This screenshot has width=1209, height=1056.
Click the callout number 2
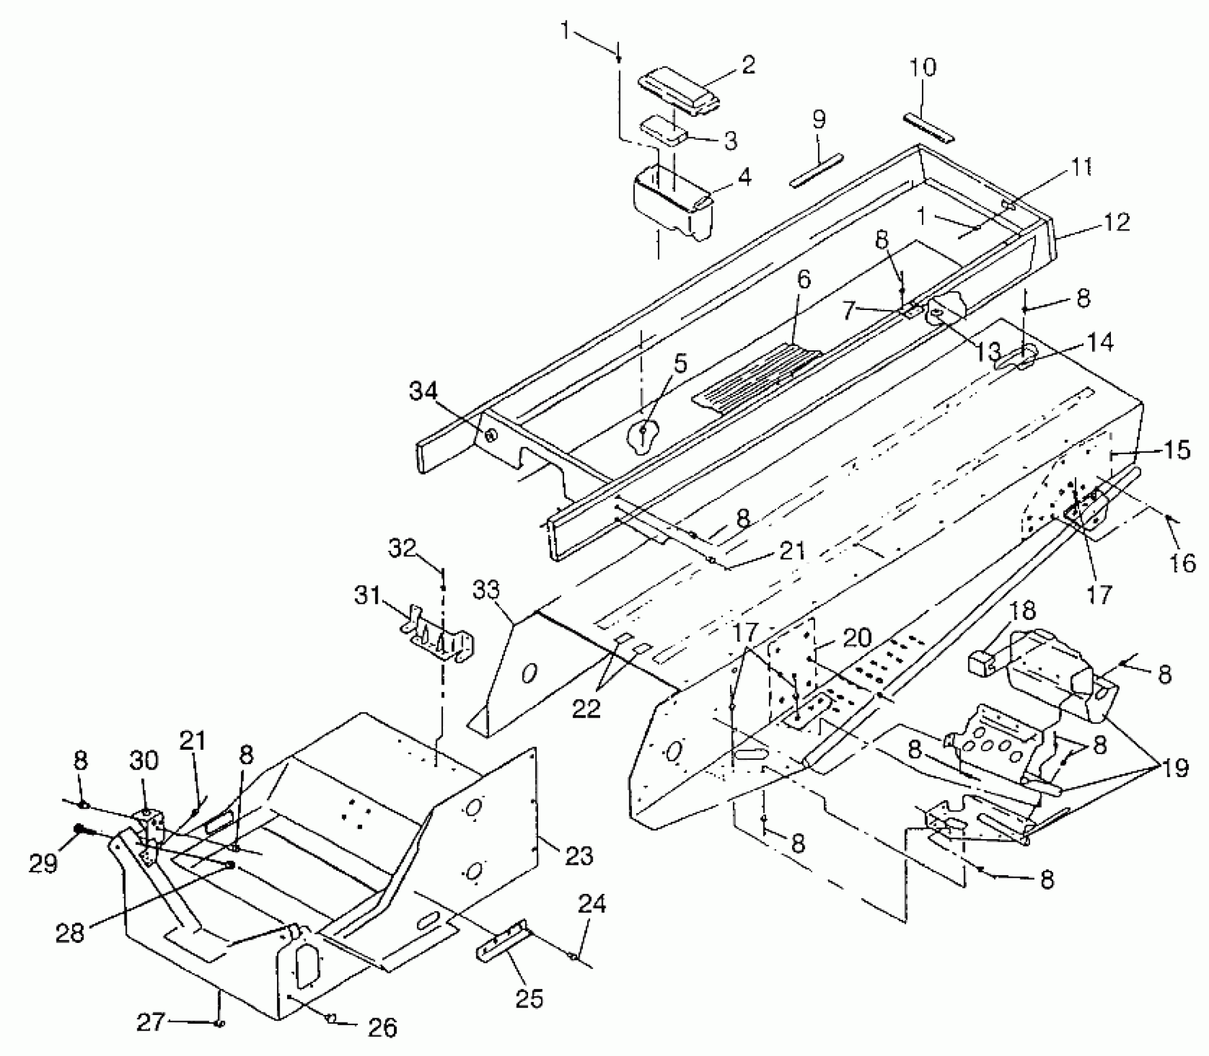[748, 65]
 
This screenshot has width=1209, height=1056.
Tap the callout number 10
[923, 68]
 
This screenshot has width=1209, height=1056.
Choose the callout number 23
[578, 856]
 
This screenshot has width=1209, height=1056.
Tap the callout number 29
[43, 863]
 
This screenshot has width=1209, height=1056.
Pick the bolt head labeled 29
[80, 829]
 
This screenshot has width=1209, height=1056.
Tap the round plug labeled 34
[490, 435]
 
